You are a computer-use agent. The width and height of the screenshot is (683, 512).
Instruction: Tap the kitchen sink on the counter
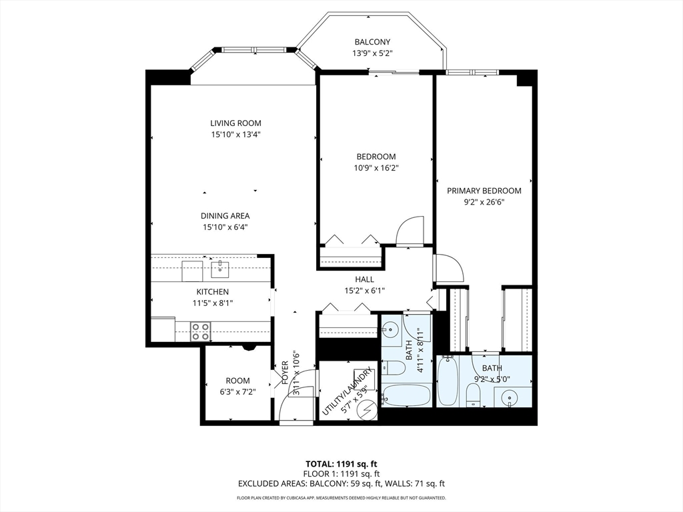coord(219,270)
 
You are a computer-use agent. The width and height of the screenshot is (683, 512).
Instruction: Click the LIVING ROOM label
coord(235,123)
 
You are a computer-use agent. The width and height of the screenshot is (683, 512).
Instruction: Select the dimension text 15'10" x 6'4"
coord(226,227)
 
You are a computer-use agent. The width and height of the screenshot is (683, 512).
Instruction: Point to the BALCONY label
coord(372,42)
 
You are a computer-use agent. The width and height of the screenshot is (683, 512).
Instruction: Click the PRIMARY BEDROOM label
coord(484,191)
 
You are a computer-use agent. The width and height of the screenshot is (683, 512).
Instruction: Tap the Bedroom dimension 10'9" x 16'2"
coord(376,168)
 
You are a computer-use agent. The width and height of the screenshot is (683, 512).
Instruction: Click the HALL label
coord(364,279)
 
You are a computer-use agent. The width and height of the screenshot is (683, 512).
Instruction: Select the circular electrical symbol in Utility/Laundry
coord(366,412)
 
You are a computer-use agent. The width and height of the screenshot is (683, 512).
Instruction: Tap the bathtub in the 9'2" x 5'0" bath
coord(448,381)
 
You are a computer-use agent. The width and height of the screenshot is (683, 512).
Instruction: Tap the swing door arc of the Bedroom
coord(410,230)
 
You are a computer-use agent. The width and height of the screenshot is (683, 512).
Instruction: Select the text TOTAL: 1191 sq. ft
coord(341,464)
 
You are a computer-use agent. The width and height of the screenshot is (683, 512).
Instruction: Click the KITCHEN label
coord(212,292)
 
